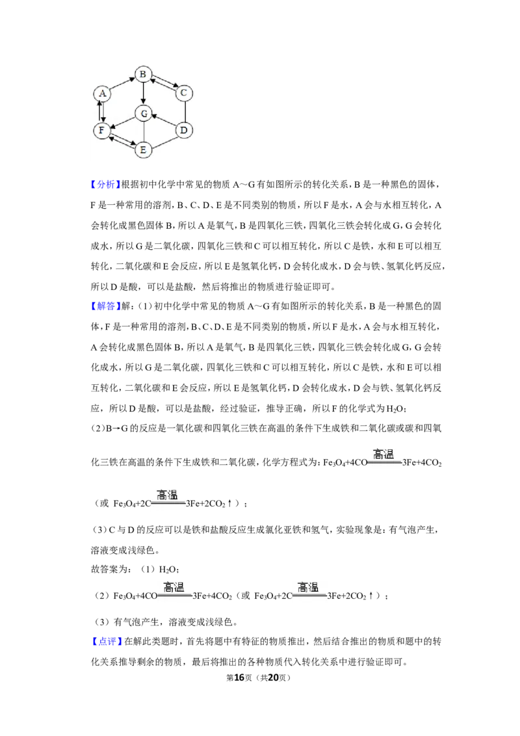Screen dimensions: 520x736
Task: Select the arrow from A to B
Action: pyautogui.click(x=122, y=84)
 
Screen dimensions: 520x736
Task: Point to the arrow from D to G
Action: pyautogui.click(x=164, y=121)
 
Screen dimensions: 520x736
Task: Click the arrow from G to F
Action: pyautogui.click(x=123, y=121)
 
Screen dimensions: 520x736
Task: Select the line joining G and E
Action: pyautogui.click(x=144, y=131)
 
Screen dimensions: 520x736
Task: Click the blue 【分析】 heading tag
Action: pyautogui.click(x=105, y=185)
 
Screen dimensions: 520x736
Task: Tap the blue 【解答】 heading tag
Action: pyautogui.click(x=105, y=306)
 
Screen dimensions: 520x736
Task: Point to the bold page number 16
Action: pyautogui.click(x=239, y=677)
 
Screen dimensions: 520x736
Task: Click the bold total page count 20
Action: pyautogui.click(x=273, y=677)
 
